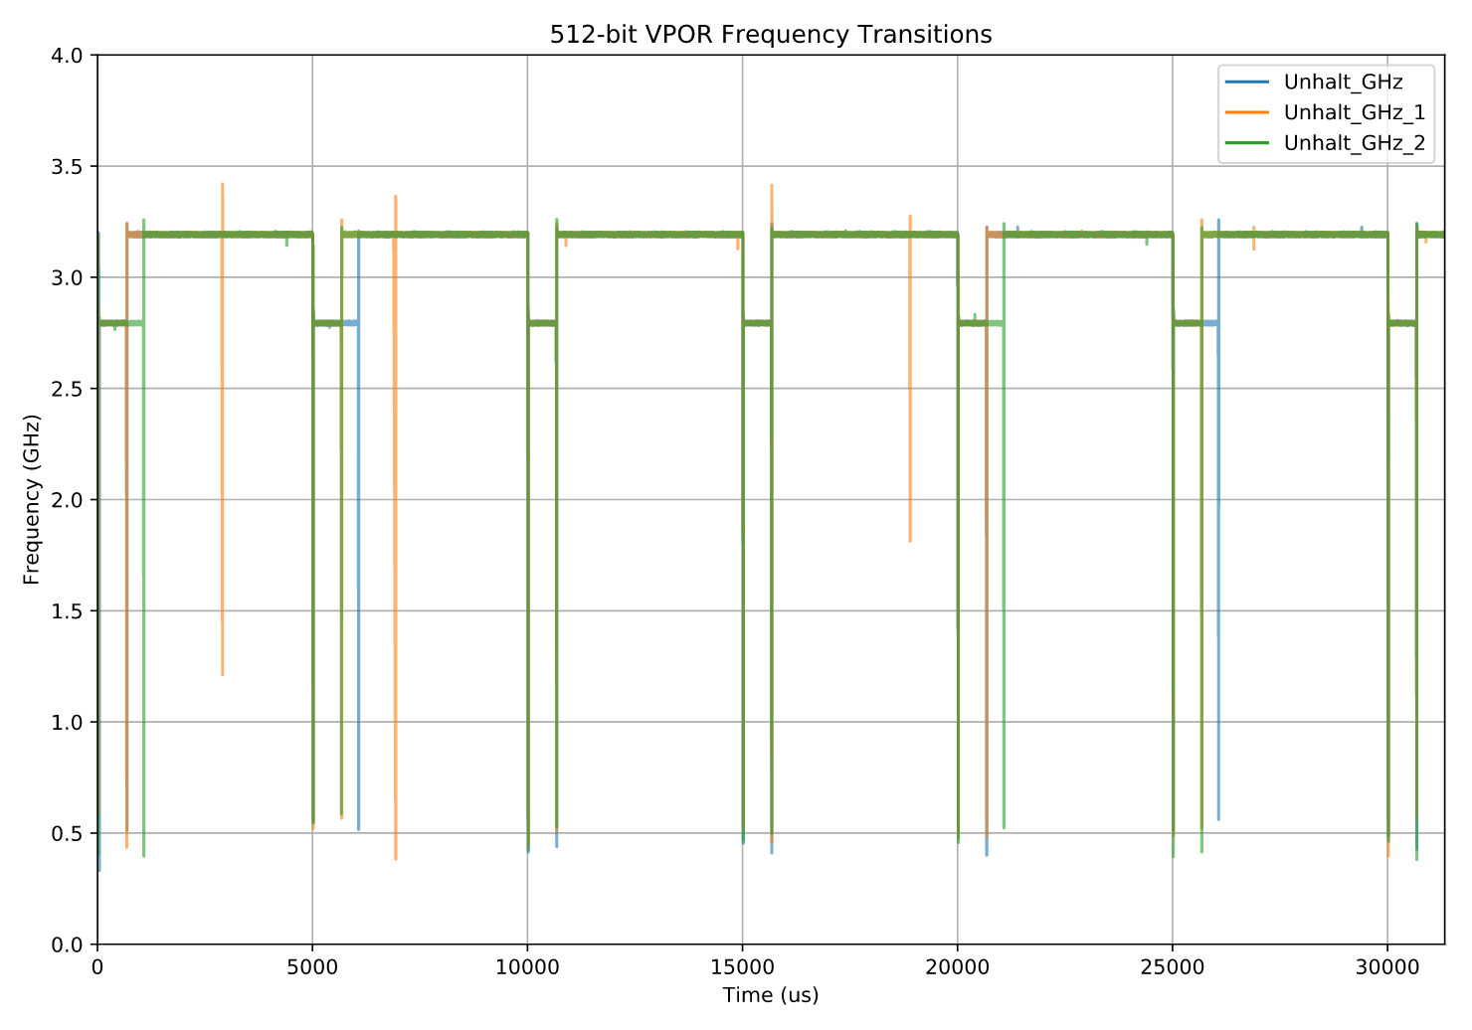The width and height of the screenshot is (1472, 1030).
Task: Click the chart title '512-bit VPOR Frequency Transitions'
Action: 771,35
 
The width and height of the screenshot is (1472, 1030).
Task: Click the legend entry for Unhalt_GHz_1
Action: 1354,112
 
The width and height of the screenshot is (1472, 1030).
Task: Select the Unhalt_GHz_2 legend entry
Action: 1354,143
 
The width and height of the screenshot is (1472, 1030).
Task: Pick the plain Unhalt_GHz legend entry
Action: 1343,82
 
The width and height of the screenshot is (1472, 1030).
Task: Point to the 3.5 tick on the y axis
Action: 72,166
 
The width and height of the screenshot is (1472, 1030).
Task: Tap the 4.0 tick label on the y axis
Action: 72,55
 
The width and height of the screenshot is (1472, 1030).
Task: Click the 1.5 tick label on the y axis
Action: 72,610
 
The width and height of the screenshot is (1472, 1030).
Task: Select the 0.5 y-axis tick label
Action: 72,833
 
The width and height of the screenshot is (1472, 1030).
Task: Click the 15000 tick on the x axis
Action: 742,967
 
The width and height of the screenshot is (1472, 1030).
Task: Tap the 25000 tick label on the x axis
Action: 1173,967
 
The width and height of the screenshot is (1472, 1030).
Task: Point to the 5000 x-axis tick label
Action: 312,967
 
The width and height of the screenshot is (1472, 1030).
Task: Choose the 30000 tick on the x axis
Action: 1387,967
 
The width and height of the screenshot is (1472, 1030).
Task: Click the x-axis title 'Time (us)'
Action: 771,995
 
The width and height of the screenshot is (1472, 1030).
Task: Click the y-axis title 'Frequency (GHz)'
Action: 32,499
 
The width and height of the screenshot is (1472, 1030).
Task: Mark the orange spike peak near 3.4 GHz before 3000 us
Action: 222,185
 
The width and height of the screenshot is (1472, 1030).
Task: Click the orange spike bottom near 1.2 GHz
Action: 222,674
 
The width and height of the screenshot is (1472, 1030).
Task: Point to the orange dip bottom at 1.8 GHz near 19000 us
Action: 910,540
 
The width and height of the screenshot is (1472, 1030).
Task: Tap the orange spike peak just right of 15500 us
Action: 771,186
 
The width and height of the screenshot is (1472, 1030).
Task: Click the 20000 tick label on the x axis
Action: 957,967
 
